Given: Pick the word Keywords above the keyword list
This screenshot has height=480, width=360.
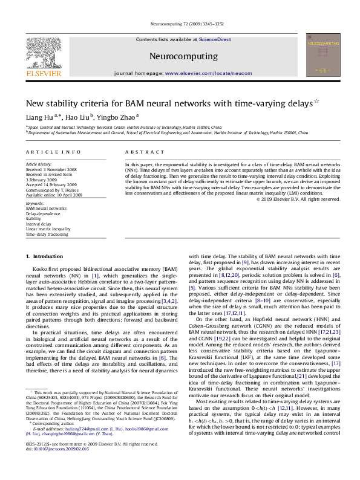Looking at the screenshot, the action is (34, 204).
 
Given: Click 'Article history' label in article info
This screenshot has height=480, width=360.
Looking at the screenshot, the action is (37, 164).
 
